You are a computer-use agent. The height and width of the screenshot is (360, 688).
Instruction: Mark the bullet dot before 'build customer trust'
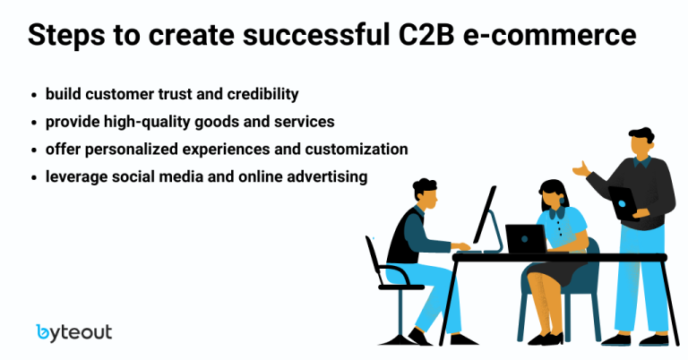34,94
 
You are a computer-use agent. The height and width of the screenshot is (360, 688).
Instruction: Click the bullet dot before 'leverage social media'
34,177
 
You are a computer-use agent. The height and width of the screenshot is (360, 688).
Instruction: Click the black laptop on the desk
526,238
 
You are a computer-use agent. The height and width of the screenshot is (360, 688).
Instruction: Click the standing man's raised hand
581,169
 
